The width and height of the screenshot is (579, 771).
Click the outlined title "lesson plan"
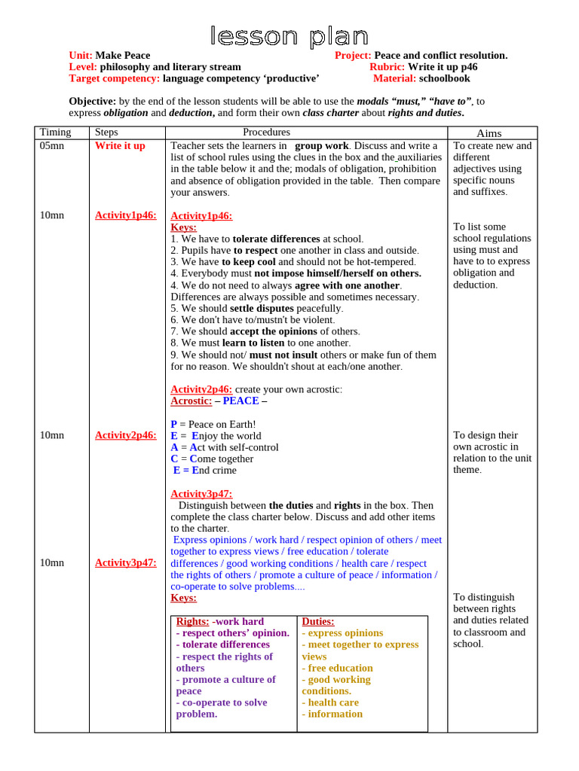(289, 36)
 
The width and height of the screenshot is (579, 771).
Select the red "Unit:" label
(81, 56)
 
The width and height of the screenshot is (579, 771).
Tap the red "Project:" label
(353, 56)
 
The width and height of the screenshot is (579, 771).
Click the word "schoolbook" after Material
(444, 78)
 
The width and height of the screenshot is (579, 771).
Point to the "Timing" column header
(56, 133)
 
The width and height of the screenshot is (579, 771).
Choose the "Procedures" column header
(266, 133)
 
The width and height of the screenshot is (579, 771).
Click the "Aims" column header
(489, 133)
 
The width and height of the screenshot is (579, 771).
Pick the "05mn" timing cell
(52, 146)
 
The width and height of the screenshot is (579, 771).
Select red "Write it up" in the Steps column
(120, 146)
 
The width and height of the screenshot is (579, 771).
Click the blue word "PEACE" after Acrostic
(240, 401)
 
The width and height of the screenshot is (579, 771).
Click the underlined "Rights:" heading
(192, 622)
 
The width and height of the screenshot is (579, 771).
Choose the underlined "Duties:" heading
(318, 622)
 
